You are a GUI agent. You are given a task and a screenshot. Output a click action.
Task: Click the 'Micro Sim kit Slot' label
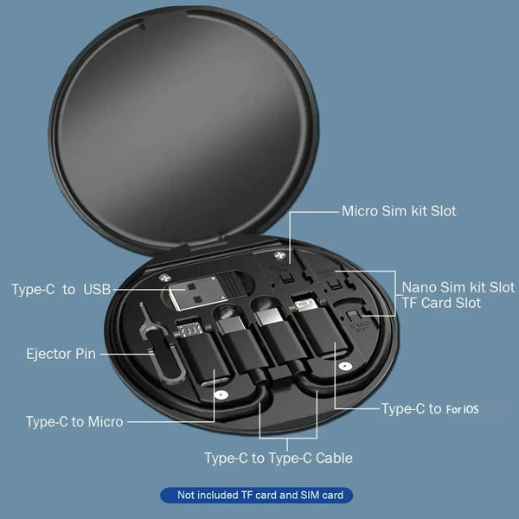point(399,211)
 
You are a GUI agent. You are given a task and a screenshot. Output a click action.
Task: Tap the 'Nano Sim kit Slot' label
point(458,286)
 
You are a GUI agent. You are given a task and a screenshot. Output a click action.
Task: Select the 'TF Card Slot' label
point(441,303)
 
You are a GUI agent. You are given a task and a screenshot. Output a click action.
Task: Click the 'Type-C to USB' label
point(61,289)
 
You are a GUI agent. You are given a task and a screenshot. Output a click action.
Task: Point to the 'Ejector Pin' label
point(61,353)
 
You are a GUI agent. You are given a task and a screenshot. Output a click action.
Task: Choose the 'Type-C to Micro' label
point(74,421)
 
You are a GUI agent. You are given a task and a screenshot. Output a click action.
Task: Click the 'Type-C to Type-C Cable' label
point(279,458)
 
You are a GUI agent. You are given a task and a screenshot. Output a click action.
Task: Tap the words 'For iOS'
point(462,409)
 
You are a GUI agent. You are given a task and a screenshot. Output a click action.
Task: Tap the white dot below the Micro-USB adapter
point(222,394)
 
